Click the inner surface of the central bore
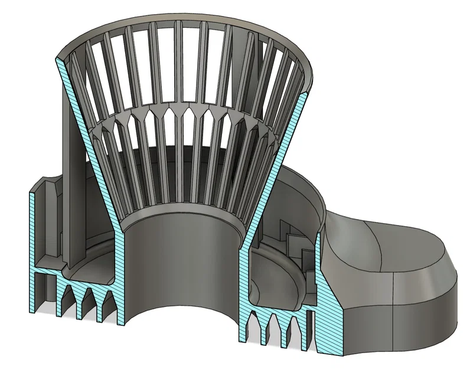(x=177, y=260)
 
